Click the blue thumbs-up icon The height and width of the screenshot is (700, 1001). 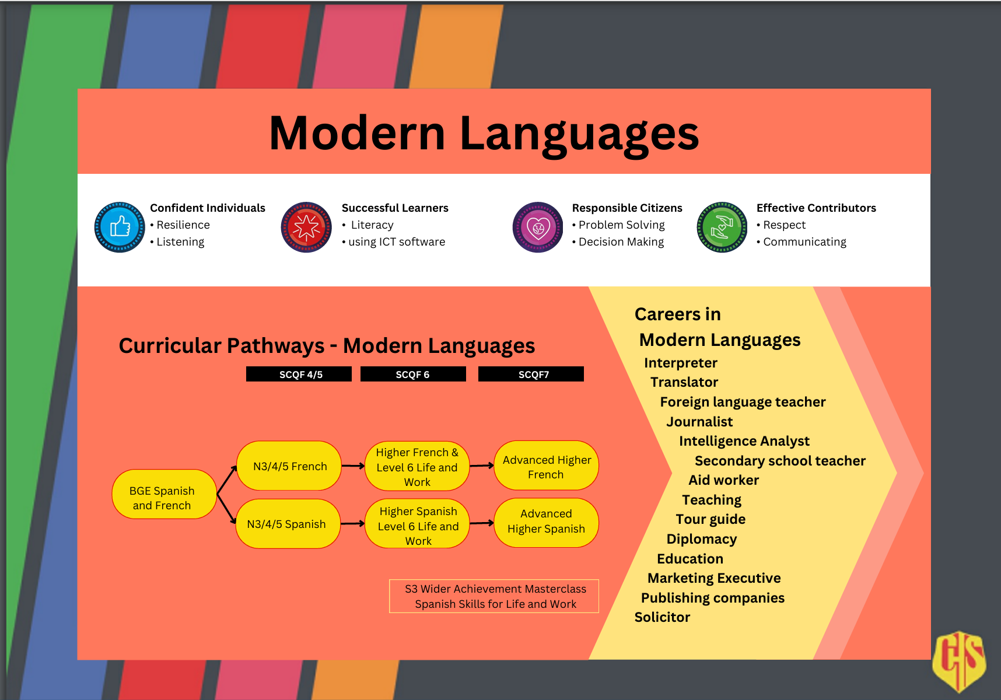tap(120, 227)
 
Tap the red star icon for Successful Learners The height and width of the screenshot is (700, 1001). tap(306, 227)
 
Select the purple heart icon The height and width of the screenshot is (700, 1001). tap(538, 227)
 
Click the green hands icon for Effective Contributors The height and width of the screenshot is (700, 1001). tap(722, 227)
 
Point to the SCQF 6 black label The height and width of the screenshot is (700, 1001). tap(413, 374)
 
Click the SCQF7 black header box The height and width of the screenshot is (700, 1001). tap(531, 374)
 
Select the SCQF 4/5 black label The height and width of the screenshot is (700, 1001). tap(299, 374)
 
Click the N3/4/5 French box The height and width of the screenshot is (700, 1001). tap(289, 466)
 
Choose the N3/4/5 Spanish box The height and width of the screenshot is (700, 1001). tap(287, 524)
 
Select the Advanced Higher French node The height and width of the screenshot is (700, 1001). tap(546, 466)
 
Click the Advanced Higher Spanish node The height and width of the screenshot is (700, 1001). tap(546, 521)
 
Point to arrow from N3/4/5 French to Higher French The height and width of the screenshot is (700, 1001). tap(353, 466)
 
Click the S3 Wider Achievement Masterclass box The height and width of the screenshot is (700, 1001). tap(494, 596)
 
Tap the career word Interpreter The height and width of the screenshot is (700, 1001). tap(680, 363)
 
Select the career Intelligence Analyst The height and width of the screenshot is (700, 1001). tap(744, 441)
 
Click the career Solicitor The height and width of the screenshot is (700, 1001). tap(662, 617)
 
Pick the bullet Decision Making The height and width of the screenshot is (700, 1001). tap(621, 242)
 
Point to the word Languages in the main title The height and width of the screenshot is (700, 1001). tap(579, 134)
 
